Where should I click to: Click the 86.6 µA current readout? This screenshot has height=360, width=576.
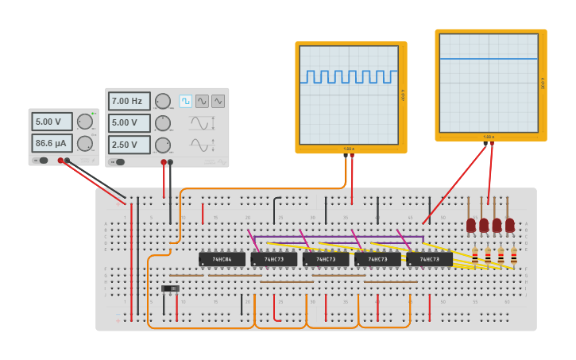pyautogui.click(x=52, y=143)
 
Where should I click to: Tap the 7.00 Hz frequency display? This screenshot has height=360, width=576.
pyautogui.click(x=129, y=101)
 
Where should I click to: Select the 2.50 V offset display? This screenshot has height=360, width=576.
pyautogui.click(x=129, y=145)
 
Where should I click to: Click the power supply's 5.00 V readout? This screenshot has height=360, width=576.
pyautogui.click(x=52, y=122)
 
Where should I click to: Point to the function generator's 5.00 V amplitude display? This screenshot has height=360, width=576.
pyautogui.click(x=129, y=123)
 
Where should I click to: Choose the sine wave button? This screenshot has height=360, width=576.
pyautogui.click(x=202, y=101)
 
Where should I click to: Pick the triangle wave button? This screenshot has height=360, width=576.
pyautogui.click(x=218, y=101)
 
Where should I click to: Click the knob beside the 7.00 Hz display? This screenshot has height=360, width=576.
pyautogui.click(x=162, y=101)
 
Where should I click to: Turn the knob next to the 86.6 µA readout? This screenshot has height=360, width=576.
pyautogui.click(x=84, y=143)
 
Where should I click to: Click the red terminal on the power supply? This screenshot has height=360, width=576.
pyautogui.click(x=60, y=161)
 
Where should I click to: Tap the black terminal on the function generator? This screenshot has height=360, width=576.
pyautogui.click(x=170, y=162)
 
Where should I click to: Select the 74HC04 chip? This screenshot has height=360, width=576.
pyautogui.click(x=222, y=259)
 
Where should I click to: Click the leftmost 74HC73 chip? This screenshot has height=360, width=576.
pyautogui.click(x=273, y=259)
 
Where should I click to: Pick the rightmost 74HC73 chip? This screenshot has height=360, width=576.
pyautogui.click(x=429, y=259)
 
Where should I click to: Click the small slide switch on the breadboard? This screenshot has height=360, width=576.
pyautogui.click(x=170, y=288)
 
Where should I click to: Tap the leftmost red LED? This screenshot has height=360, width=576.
pyautogui.click(x=471, y=225)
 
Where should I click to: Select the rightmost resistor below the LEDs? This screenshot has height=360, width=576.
pyautogui.click(x=513, y=256)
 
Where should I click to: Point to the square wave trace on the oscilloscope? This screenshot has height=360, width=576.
pyautogui.click(x=349, y=76)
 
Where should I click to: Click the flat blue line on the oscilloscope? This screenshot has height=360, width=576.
pyautogui.click(x=489, y=59)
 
